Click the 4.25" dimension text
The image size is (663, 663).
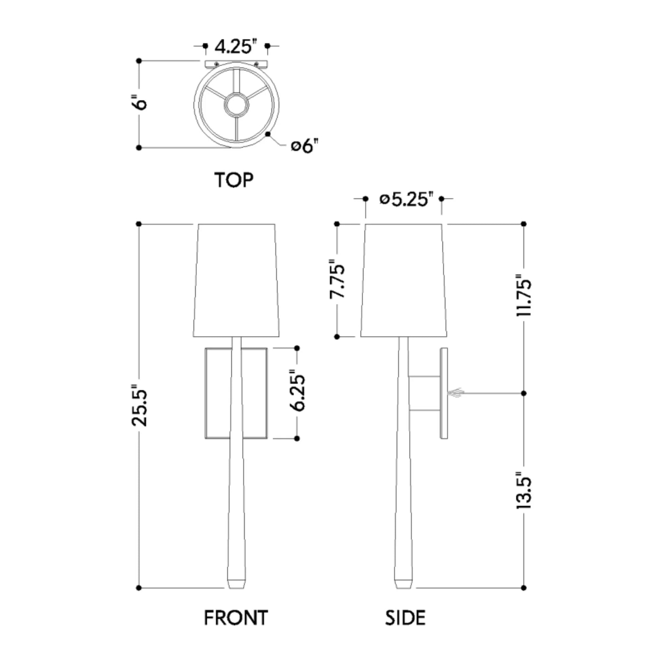[236, 47]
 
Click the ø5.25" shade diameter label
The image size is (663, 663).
[404, 200]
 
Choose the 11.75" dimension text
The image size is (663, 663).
[524, 295]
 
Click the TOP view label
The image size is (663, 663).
[234, 180]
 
